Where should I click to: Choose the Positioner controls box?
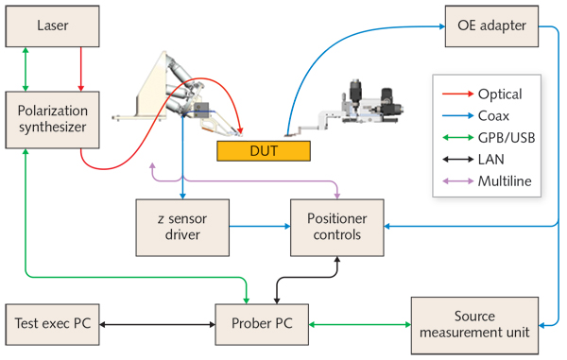(x=337, y=227)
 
